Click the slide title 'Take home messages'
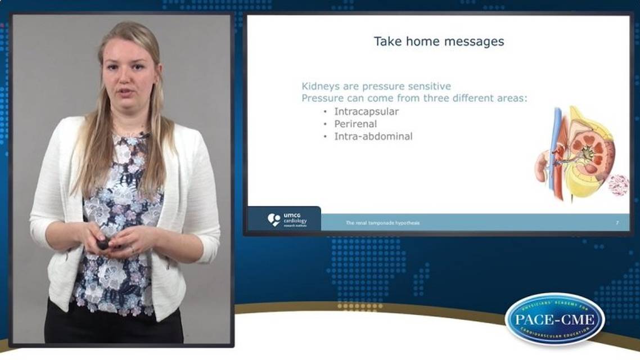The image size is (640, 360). pyautogui.click(x=439, y=41)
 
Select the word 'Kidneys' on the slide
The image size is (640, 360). pyautogui.click(x=319, y=86)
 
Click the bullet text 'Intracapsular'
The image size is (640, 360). pyautogui.click(x=366, y=111)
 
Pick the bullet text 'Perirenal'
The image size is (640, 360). pyautogui.click(x=355, y=124)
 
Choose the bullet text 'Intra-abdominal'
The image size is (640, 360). pyautogui.click(x=373, y=136)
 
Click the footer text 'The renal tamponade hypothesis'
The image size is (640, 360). pyautogui.click(x=382, y=223)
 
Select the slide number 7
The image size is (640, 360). pyautogui.click(x=617, y=223)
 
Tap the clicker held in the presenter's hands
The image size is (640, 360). pyautogui.click(x=103, y=243)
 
